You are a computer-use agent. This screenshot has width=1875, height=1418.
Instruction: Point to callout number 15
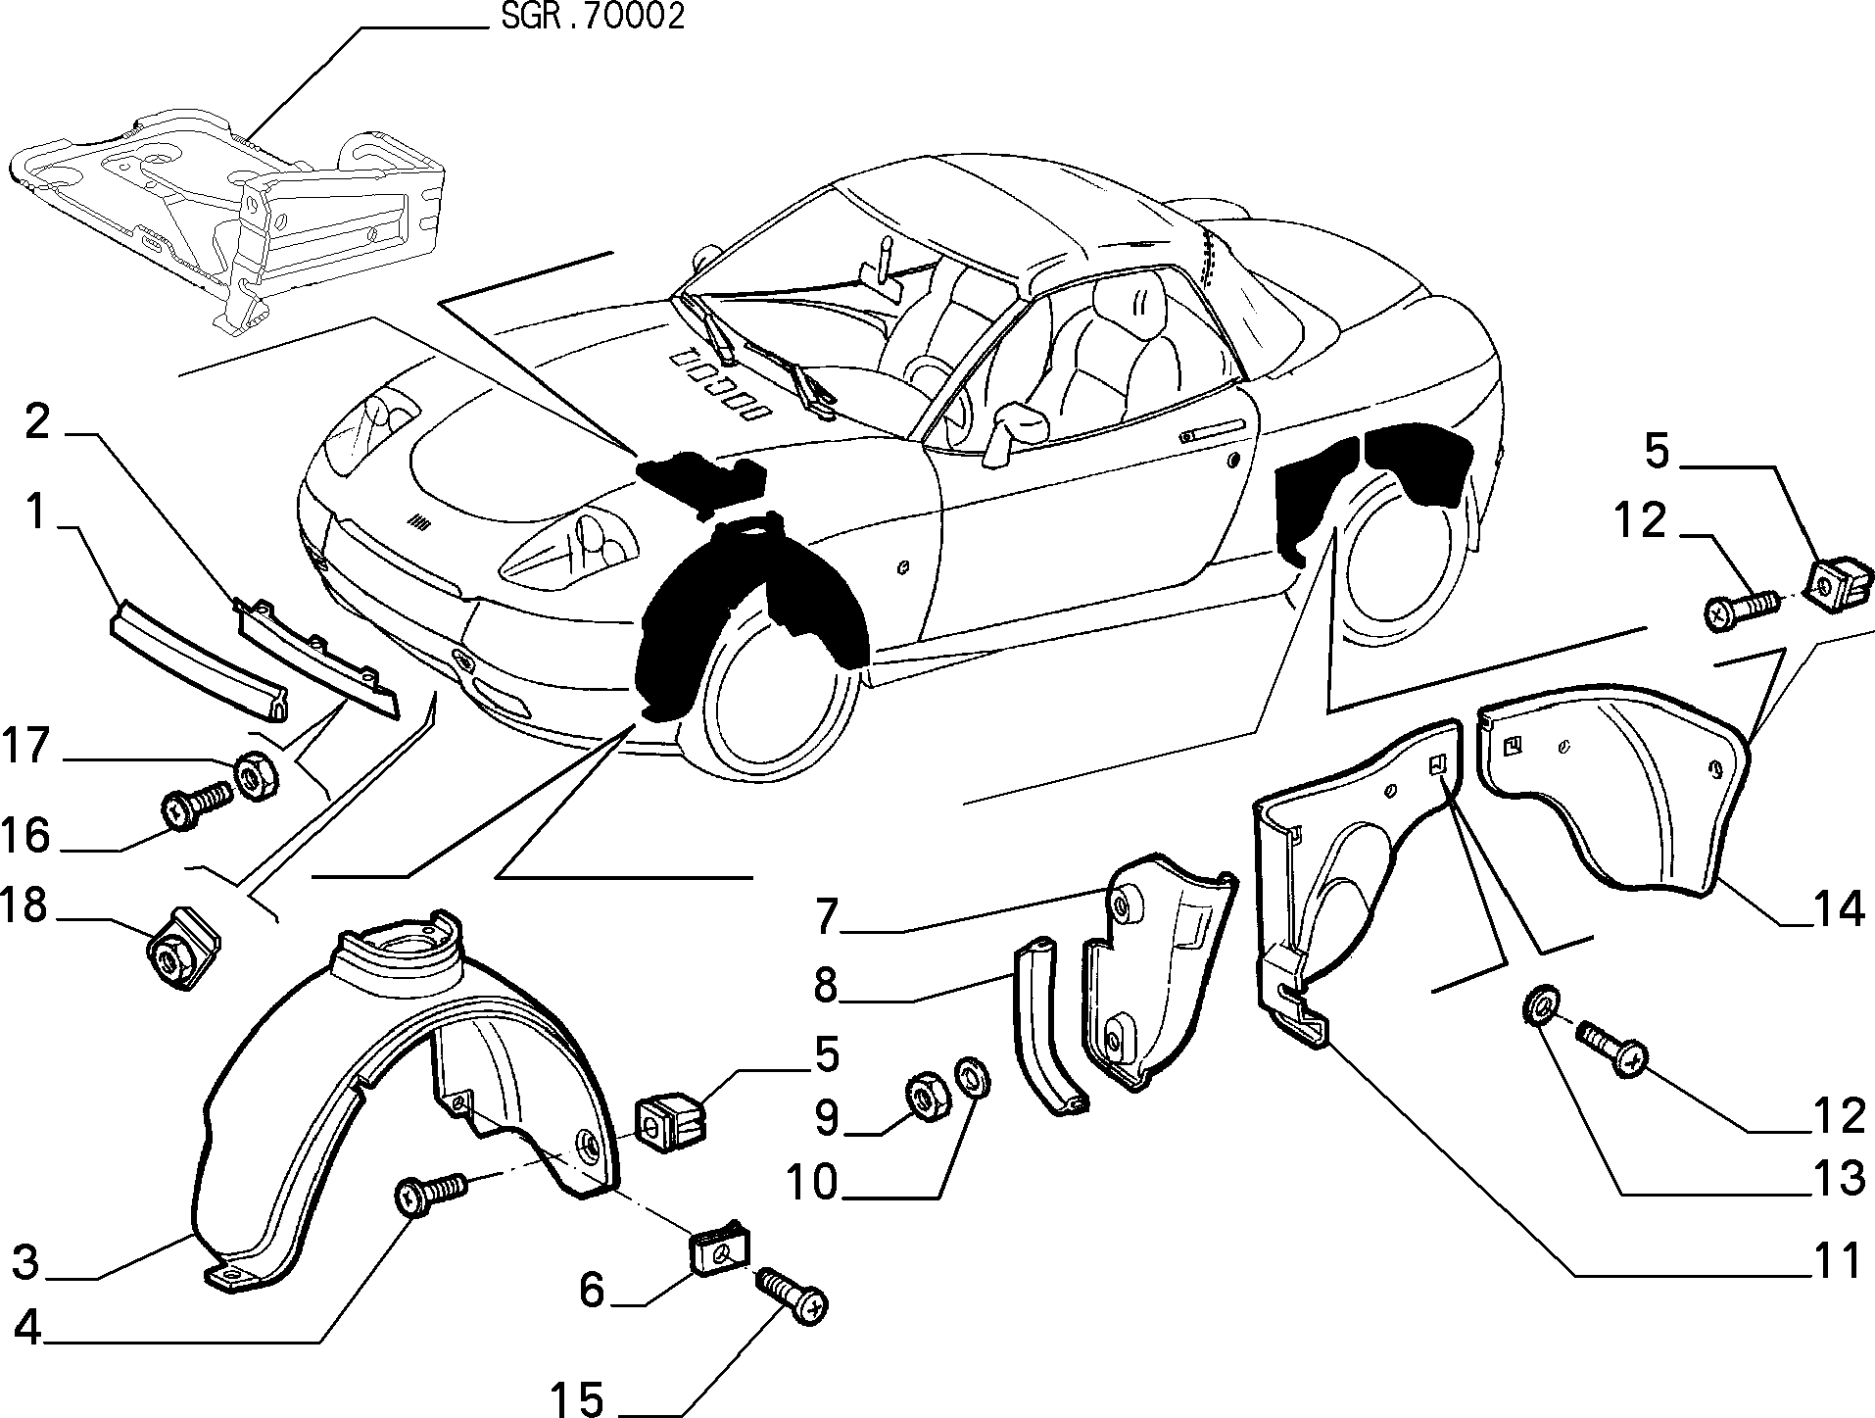point(578,1398)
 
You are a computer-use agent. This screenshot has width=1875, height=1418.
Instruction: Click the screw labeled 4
point(430,1194)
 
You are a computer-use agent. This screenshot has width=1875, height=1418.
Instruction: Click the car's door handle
point(1214,431)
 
